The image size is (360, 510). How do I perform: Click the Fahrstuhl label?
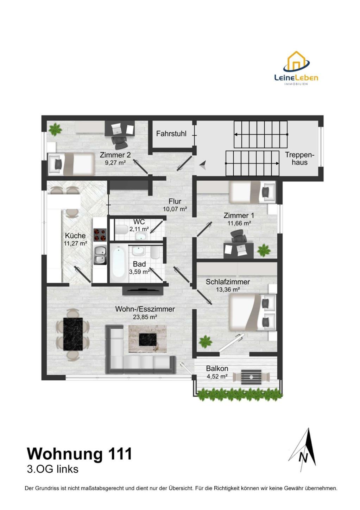171,133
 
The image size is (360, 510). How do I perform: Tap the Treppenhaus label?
299,158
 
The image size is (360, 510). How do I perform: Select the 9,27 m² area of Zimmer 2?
115,163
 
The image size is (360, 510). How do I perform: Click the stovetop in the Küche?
100,235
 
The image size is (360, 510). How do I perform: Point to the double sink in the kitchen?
100,255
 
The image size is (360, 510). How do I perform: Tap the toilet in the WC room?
122,230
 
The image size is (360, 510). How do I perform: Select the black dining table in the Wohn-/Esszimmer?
73,334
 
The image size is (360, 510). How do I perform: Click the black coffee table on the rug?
148,340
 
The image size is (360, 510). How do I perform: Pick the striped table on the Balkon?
251,377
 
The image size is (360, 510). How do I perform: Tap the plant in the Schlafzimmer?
206,342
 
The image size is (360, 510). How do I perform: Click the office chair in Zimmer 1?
239,236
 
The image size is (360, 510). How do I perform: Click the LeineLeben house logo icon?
296,62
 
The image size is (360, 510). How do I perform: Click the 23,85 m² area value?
145,317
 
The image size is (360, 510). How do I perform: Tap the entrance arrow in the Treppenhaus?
203,165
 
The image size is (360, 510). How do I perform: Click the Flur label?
175,201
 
